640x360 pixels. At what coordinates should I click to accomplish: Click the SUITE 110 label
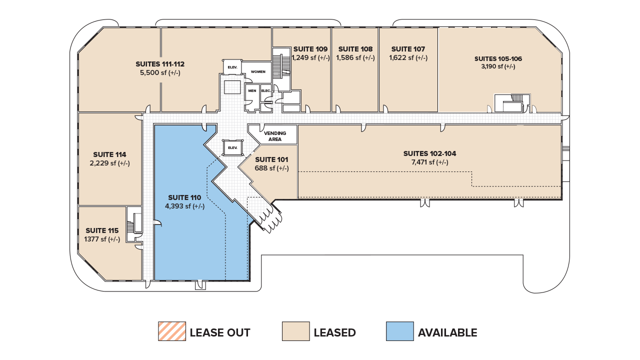184,197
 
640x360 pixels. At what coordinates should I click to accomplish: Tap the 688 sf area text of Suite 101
271,168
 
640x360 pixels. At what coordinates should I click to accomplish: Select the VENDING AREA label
275,136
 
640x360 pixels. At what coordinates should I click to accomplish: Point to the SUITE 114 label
109,154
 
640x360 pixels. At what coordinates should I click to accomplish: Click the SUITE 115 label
102,230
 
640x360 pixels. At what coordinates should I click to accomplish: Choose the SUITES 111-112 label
160,64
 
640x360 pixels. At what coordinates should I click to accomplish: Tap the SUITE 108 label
355,49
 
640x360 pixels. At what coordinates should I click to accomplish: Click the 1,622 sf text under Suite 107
408,57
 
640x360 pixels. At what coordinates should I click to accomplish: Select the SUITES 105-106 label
498,58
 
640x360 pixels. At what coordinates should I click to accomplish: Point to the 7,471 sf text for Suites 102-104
429,162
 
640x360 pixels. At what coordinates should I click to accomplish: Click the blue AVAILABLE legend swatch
399,331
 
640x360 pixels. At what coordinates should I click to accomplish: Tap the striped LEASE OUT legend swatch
172,331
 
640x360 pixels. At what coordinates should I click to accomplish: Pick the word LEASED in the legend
334,332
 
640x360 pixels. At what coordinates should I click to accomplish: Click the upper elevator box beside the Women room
232,67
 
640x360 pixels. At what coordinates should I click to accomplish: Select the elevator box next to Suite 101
232,147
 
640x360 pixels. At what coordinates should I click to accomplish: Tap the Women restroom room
258,72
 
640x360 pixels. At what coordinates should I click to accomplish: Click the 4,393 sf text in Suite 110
184,206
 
